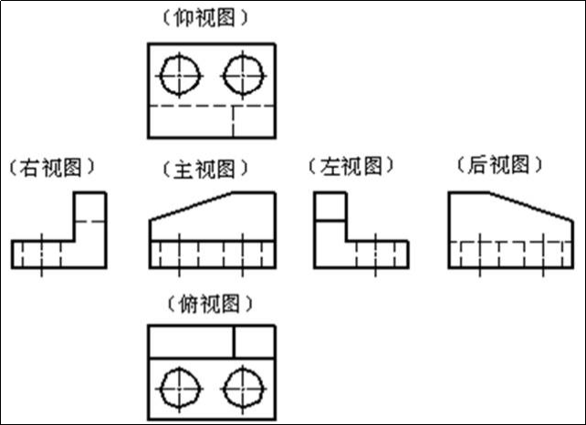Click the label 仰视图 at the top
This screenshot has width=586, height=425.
point(211,17)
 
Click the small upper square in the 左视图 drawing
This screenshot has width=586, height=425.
point(330,207)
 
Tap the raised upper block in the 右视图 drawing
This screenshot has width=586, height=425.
point(89,216)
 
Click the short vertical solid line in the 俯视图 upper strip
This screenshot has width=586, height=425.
point(234,342)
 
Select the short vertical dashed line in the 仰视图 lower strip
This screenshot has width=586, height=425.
point(233,121)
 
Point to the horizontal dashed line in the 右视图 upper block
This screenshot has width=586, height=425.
point(89,221)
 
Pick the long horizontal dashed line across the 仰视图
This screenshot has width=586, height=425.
point(211,106)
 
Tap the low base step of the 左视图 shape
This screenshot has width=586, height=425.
point(376,254)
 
